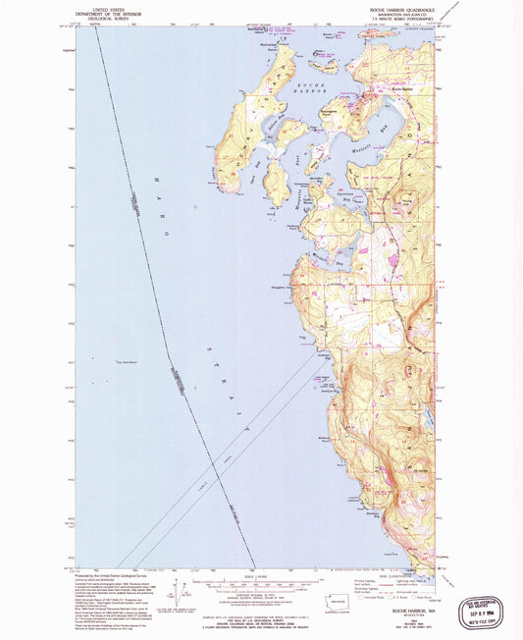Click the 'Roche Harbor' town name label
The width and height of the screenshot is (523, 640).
click(x=402, y=90)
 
